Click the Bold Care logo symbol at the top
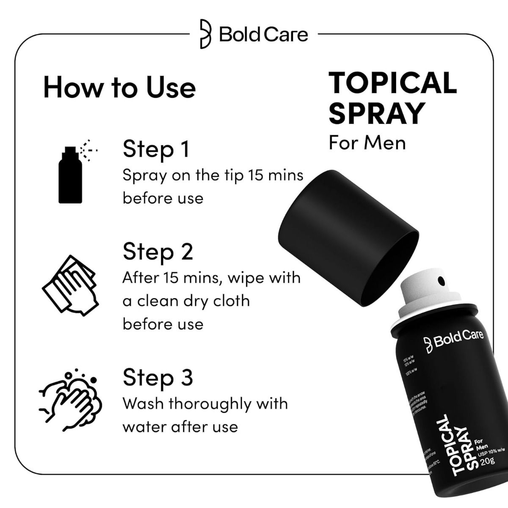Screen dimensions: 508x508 [x=205, y=34]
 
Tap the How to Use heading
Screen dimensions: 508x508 [x=119, y=88]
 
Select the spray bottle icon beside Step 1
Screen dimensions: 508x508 [x=71, y=174]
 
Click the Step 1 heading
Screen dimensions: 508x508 [x=156, y=149]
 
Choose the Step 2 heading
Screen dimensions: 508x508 [x=157, y=252]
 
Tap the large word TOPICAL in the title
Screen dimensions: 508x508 [x=392, y=83]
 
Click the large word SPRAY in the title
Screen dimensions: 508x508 [x=376, y=113]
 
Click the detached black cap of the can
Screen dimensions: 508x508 [x=347, y=237]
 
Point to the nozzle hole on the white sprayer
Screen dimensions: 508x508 [x=441, y=281]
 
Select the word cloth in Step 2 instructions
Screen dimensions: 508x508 [x=231, y=301]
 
